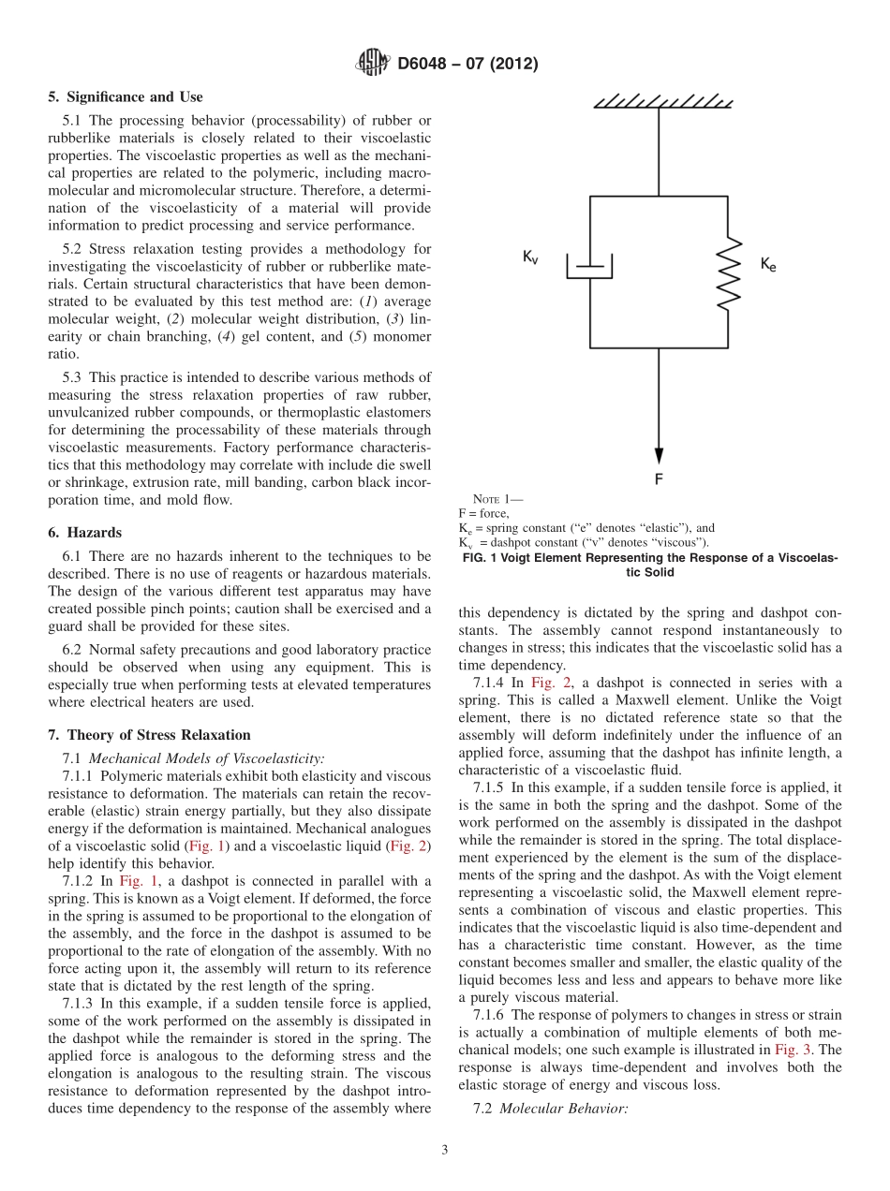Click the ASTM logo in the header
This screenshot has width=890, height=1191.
(x=374, y=64)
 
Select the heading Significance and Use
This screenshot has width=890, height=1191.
(x=125, y=97)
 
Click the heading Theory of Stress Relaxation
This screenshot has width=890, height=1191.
(x=149, y=735)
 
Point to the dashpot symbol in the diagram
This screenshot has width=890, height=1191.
(x=590, y=266)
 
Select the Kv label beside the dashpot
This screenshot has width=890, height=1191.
(x=531, y=257)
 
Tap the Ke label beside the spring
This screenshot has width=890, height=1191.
(x=768, y=265)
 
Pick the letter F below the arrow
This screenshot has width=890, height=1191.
(x=660, y=479)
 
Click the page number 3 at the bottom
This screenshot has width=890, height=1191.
(x=445, y=1150)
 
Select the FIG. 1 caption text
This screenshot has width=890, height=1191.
(x=649, y=565)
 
